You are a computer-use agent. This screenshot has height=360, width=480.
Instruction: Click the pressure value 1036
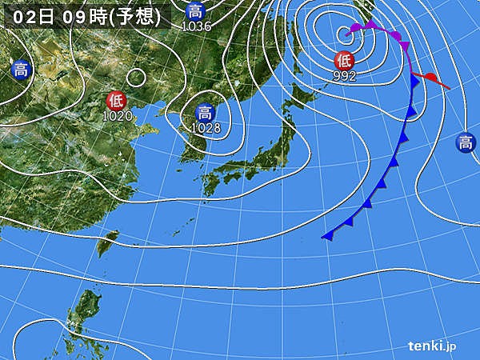pyautogui.click(x=196, y=26)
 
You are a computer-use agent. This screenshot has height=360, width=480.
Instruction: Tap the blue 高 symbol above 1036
pyautogui.click(x=195, y=11)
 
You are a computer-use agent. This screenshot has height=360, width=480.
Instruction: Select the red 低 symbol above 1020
pyautogui.click(x=116, y=101)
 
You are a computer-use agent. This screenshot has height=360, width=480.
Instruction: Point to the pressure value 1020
pyautogui.click(x=118, y=116)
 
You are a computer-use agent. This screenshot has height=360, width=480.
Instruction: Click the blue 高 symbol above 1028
pyautogui.click(x=205, y=112)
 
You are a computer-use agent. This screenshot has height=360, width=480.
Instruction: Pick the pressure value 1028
pyautogui.click(x=206, y=127)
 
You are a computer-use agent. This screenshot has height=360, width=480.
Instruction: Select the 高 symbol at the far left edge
pyautogui.click(x=21, y=70)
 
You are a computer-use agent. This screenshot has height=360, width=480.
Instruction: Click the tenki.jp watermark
pyautogui.click(x=432, y=346)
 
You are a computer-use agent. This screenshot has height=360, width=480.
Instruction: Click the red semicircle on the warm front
pyautogui.click(x=431, y=78)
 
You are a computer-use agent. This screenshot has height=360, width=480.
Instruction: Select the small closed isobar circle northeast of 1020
pyautogui.click(x=137, y=78)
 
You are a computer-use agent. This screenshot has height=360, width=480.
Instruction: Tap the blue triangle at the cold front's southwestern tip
pyautogui.click(x=328, y=235)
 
